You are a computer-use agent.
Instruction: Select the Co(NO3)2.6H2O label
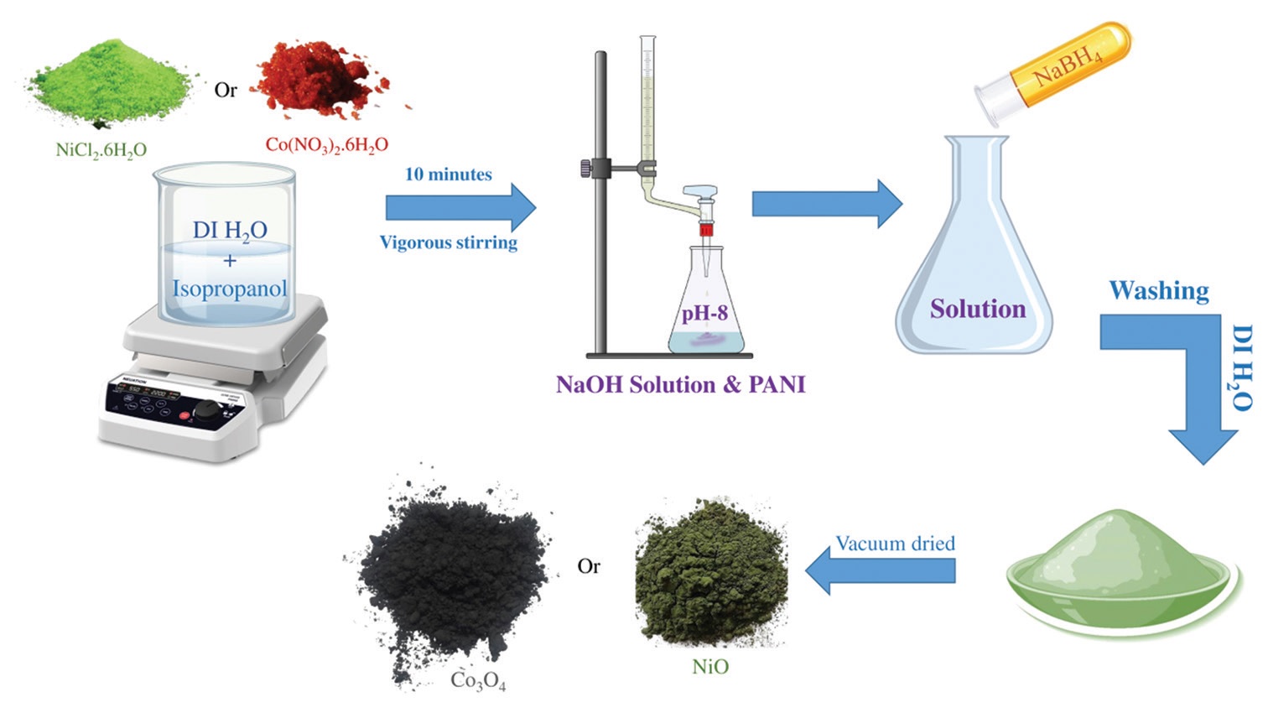326,144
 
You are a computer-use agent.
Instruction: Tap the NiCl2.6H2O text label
101,150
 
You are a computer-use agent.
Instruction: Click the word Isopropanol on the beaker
229,289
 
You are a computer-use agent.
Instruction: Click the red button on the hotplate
184,415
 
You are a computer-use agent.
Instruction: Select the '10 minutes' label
448,174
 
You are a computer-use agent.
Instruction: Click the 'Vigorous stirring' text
448,242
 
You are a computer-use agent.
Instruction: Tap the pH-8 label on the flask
704,314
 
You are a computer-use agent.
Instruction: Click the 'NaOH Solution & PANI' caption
680,385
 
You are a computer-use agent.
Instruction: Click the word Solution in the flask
977,309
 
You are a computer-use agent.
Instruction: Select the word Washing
1158,290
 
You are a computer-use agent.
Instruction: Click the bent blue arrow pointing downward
1191,377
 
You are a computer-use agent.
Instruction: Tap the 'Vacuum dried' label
895,544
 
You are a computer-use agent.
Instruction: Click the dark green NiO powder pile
711,579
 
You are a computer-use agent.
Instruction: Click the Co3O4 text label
478,679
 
